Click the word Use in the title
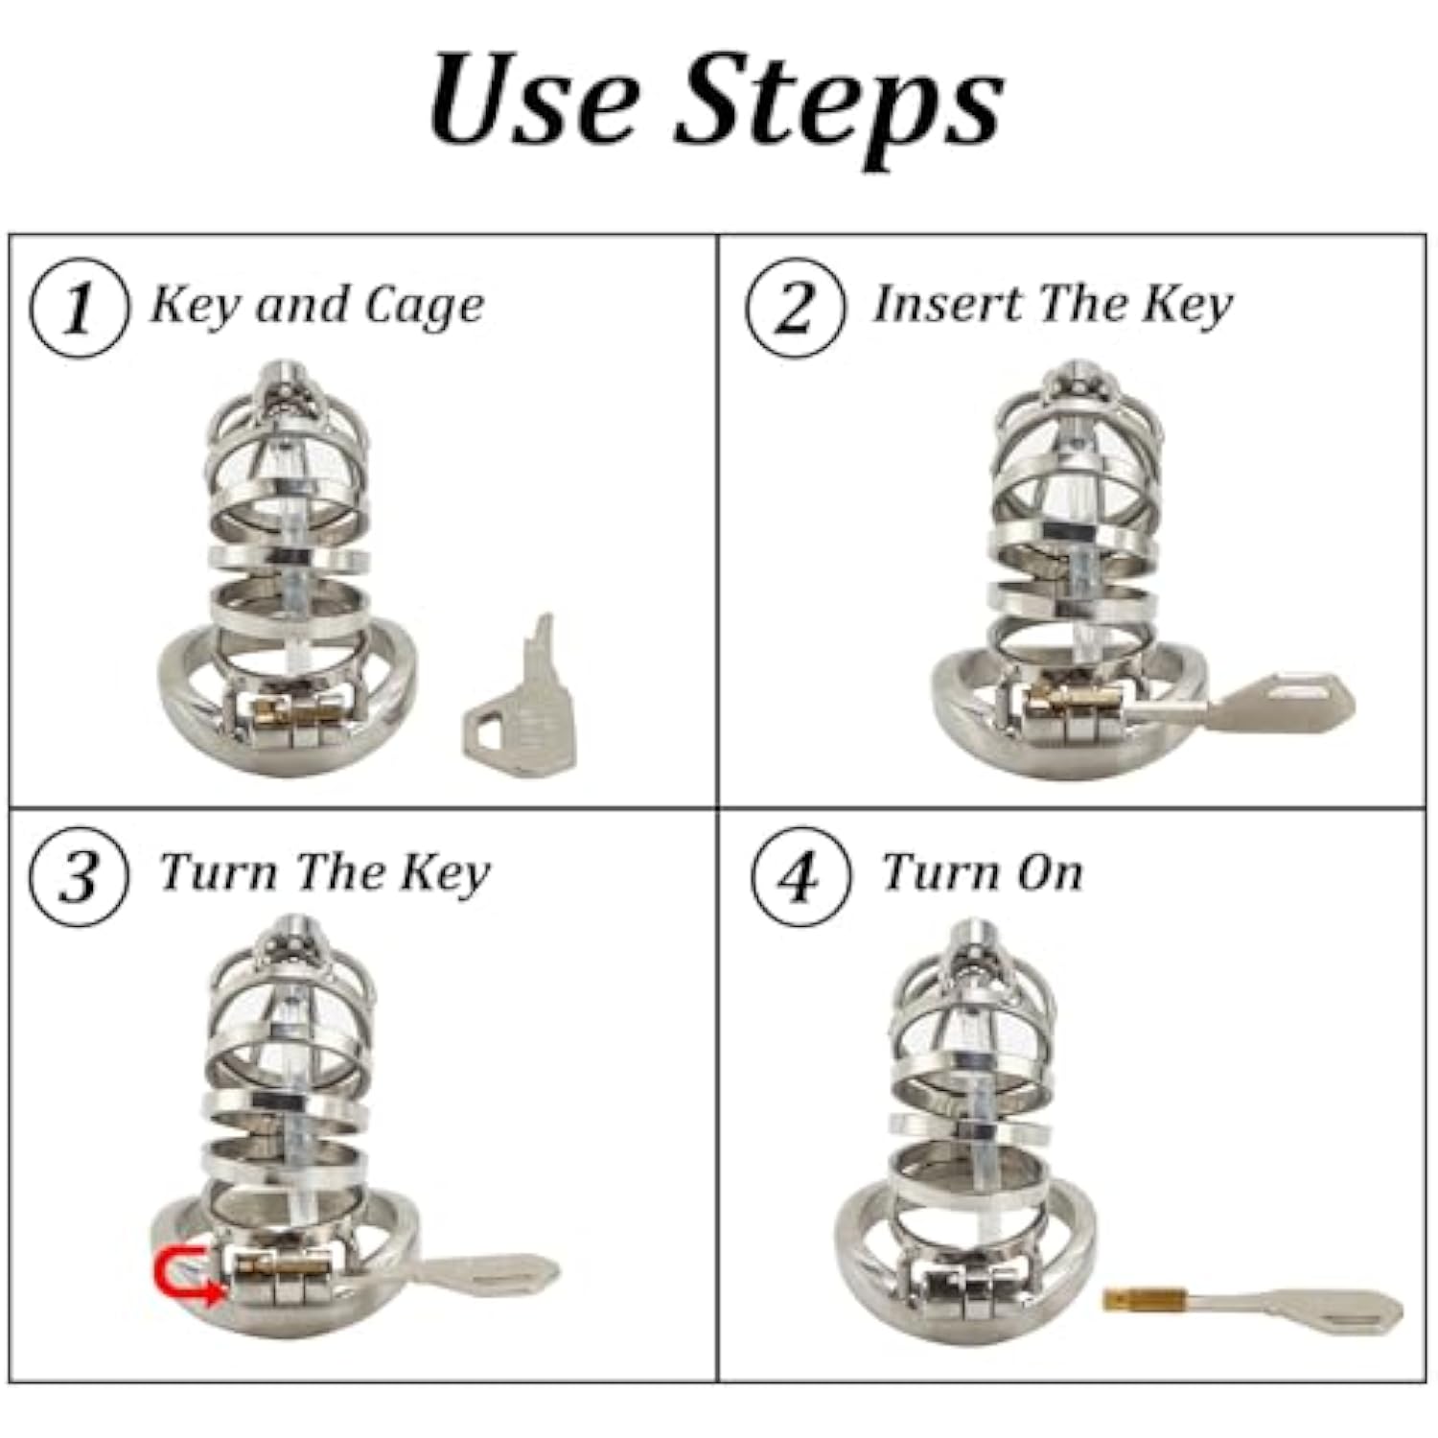point(534,99)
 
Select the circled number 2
point(796,309)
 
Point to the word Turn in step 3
point(221,872)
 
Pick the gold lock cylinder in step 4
point(1137,1301)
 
